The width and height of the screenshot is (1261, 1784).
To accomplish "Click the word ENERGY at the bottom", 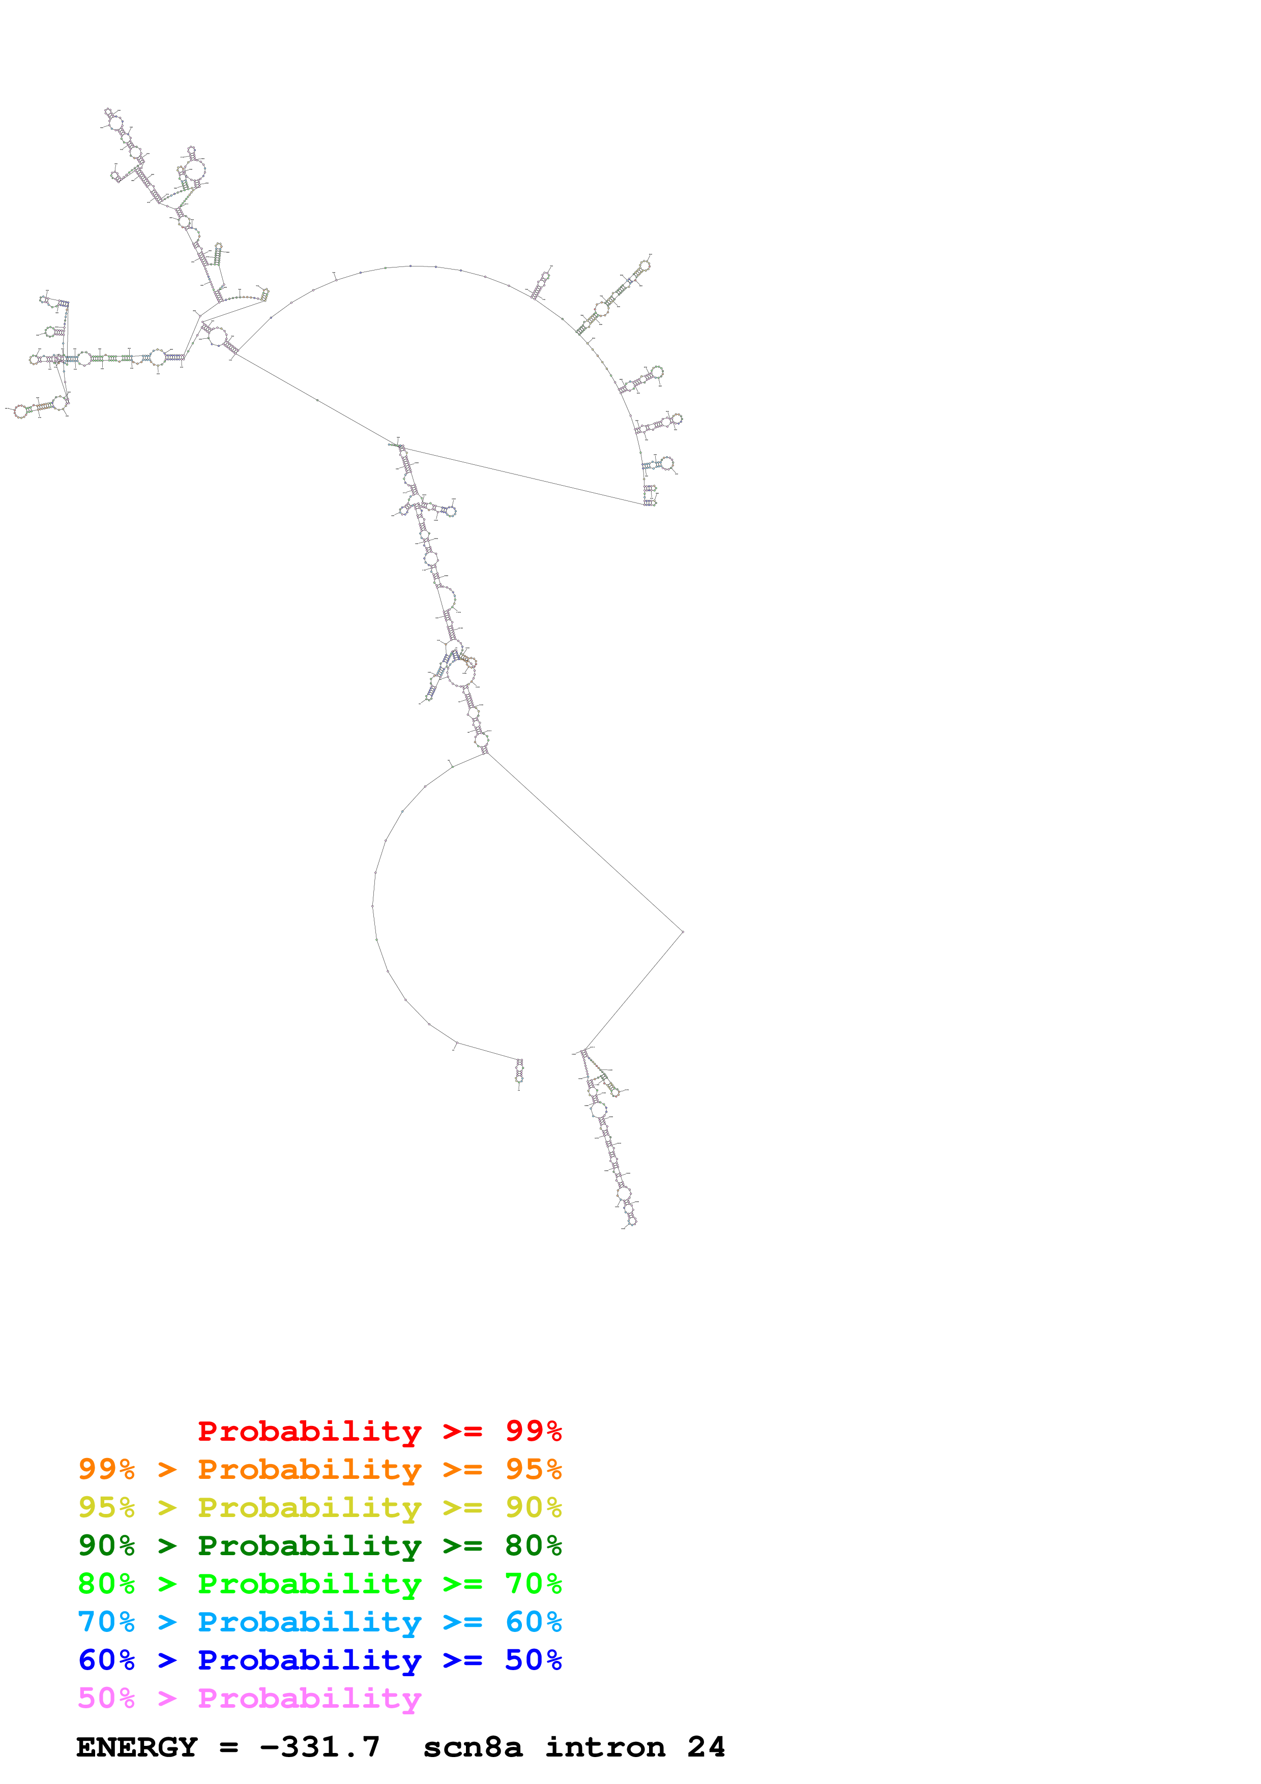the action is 137,1747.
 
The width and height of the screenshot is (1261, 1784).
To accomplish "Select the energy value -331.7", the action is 320,1747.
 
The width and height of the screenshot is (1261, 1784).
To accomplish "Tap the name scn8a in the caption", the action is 473,1747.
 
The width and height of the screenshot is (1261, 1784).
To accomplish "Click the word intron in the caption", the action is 605,1747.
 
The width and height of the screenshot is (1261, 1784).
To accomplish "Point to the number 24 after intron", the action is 706,1747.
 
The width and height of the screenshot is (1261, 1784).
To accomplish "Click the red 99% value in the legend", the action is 533,1431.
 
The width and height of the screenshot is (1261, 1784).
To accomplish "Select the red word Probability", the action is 309,1431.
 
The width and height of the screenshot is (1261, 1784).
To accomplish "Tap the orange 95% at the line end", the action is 533,1469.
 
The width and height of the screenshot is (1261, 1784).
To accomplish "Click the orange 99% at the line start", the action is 106,1469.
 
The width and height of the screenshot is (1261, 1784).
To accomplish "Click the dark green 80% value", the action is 533,1545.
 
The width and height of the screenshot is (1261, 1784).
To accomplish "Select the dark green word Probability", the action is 309,1545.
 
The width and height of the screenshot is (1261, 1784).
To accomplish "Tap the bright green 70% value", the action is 533,1584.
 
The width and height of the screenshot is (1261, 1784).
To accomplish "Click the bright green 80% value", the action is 106,1584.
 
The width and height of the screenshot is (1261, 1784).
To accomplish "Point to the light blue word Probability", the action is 309,1622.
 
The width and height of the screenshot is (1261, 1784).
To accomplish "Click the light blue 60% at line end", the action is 533,1622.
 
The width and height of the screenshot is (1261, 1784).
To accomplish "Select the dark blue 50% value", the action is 533,1660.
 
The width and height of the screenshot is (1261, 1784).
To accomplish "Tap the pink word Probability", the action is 309,1699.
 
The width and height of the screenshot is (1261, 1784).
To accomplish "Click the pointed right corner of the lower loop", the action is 682,931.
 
